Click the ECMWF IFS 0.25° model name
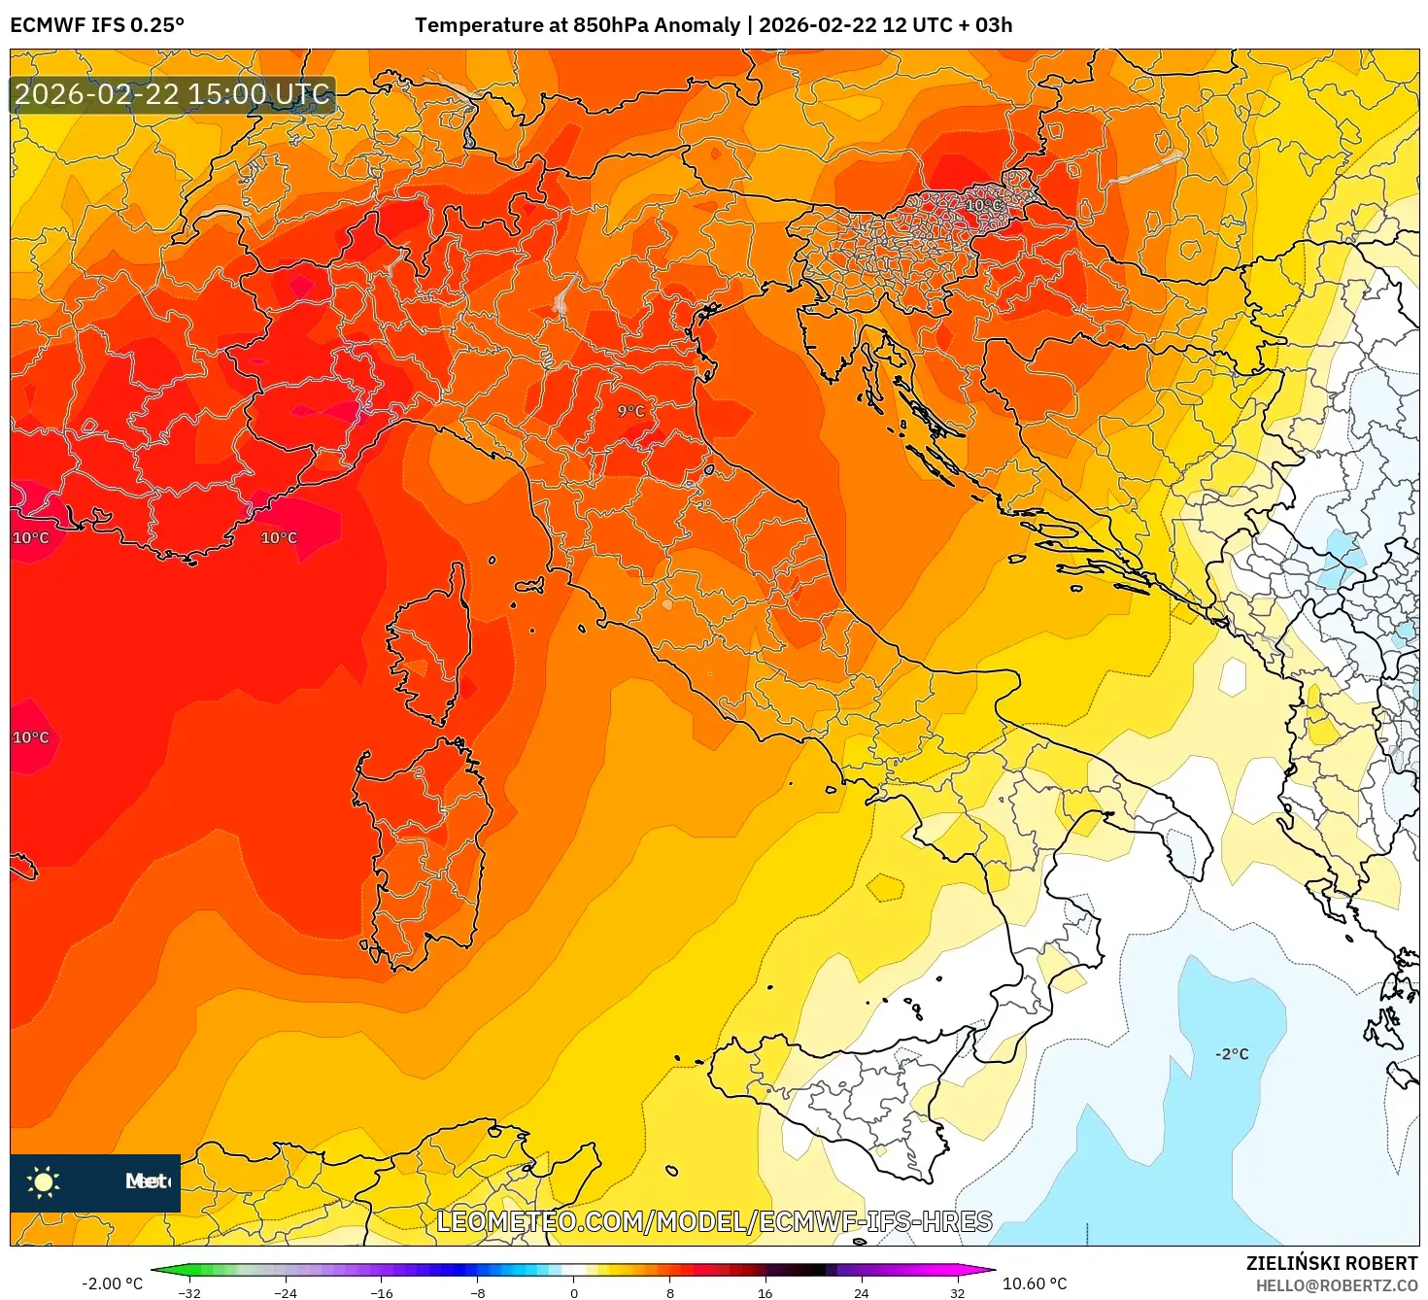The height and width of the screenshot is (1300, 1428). [97, 25]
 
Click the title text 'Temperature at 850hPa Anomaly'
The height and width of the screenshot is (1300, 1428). [577, 25]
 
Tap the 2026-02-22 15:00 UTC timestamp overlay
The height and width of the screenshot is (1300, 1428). [172, 94]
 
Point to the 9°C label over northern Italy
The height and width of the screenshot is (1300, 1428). [630, 411]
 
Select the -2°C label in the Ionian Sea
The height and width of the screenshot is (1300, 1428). [1232, 1054]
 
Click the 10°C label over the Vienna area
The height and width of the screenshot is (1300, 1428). [983, 205]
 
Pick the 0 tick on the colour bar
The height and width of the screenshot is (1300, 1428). [574, 1292]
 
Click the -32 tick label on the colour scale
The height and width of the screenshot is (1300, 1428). [189, 1292]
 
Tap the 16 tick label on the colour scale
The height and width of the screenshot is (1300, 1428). [765, 1292]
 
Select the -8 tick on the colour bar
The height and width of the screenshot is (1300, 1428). [477, 1292]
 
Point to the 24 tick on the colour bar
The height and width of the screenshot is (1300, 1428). [861, 1292]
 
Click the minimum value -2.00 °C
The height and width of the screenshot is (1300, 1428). [112, 1283]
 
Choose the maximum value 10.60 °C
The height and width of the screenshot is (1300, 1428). [1035, 1283]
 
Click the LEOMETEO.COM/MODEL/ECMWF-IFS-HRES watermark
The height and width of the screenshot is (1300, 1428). [714, 1221]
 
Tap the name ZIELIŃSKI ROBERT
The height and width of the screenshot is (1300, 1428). [1332, 1263]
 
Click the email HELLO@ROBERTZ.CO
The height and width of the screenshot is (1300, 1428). [1336, 1285]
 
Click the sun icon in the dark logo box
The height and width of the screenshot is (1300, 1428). [44, 1181]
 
